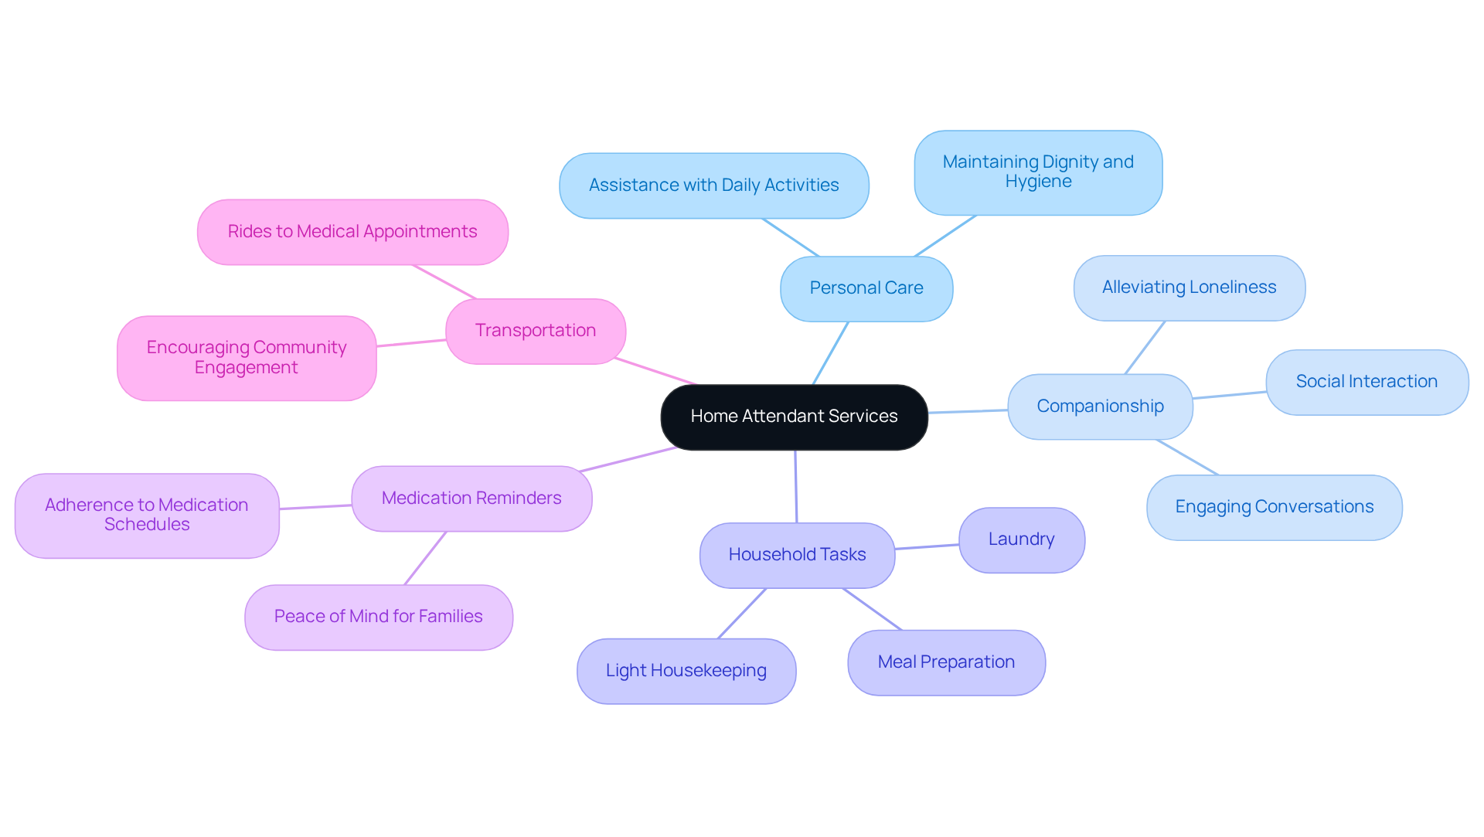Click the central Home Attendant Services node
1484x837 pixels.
tap(794, 417)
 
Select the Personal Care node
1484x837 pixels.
tap(866, 288)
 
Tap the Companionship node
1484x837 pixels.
tap(1100, 407)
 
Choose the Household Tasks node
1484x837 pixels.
tap(797, 555)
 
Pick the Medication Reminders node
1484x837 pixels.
tap(471, 498)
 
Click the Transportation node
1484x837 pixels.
tap(535, 331)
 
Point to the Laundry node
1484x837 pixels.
tap(1021, 539)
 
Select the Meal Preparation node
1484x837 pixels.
tap(946, 662)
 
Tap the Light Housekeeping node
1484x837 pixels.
tap(686, 671)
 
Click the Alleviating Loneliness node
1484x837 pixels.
tap(1189, 288)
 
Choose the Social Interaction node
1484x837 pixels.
tap(1367, 382)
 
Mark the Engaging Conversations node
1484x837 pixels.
tap(1274, 507)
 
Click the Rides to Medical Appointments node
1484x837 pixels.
tap(352, 232)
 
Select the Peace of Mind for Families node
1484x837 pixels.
tap(378, 617)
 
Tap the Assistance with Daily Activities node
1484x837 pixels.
tap(713, 185)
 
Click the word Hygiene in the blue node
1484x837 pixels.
tap(1038, 182)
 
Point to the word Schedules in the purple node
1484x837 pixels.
tap(147, 525)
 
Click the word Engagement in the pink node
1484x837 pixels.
tap(246, 368)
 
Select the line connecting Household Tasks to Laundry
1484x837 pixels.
tap(927, 546)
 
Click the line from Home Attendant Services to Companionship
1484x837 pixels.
tap(968, 411)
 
